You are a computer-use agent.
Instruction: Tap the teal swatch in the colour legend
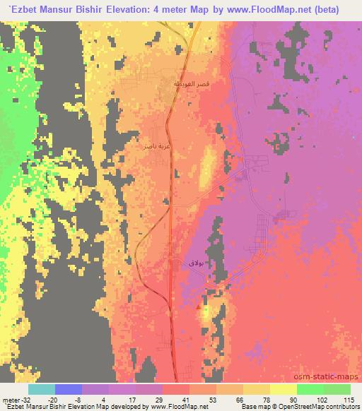[x=42, y=389]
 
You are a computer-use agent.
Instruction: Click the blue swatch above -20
[x=69, y=389]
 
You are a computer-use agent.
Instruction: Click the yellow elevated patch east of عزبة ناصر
[x=209, y=164]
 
